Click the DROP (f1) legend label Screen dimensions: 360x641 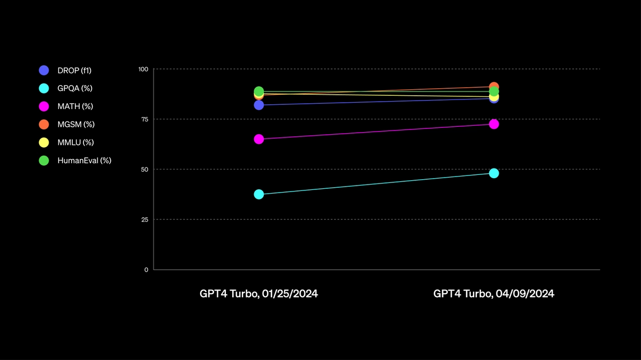[74, 71]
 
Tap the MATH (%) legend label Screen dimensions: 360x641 [75, 106]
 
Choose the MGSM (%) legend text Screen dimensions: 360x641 [76, 125]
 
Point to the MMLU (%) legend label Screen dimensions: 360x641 [75, 142]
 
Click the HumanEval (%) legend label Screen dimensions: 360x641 [85, 160]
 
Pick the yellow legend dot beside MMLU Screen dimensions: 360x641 [44, 142]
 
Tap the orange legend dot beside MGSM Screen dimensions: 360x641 [44, 125]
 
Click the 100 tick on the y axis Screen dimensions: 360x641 [143, 69]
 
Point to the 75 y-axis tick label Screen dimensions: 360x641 [144, 119]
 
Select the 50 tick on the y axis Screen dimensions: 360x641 [144, 170]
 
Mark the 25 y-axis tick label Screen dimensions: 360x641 [144, 219]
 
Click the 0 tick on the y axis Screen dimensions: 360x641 [146, 270]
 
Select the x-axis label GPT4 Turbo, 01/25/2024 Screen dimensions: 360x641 [259, 294]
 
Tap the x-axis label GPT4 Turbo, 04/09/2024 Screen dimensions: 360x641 [493, 294]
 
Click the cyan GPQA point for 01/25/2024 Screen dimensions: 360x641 [259, 194]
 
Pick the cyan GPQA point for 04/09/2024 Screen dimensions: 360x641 [494, 173]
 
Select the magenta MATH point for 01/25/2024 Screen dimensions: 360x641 [259, 139]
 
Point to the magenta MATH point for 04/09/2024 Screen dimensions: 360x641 [494, 124]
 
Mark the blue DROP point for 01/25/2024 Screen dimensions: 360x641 [259, 105]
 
